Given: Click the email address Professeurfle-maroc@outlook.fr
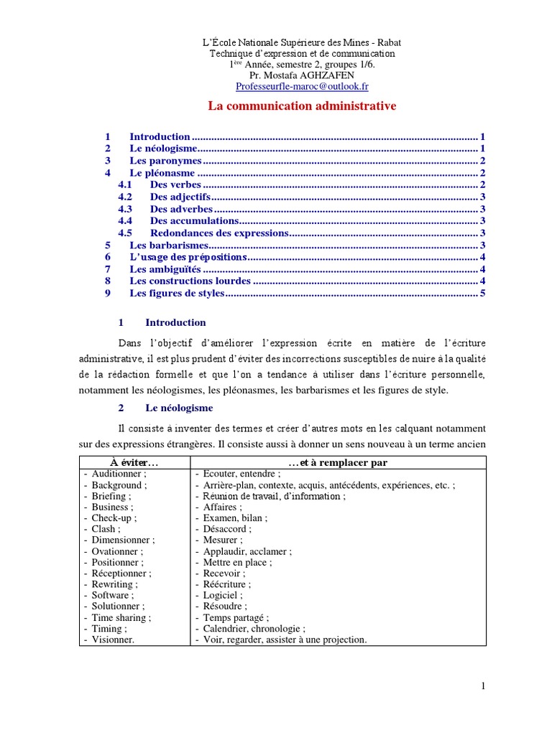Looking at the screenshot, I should [x=302, y=86].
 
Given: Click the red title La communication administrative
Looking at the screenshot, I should [x=302, y=106].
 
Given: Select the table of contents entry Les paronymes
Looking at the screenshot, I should [x=165, y=161].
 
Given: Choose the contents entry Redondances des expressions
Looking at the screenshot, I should [x=219, y=233].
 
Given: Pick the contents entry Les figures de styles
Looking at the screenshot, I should [x=177, y=294].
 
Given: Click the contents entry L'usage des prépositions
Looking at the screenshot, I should [x=188, y=257].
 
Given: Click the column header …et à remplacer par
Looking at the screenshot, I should [x=338, y=463].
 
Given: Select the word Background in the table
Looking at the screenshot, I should [x=117, y=485].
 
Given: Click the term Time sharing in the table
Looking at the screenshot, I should [x=119, y=617].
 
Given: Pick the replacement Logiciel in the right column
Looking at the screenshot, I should [x=222, y=595].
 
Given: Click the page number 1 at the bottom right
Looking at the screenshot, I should [x=483, y=687].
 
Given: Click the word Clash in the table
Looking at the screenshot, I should [x=105, y=529].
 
